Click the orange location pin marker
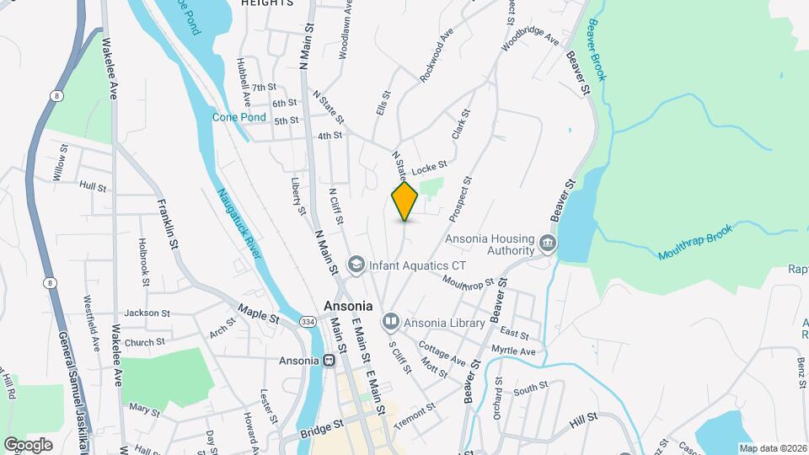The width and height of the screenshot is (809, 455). coord(405,201)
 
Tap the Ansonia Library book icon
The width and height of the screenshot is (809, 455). coord(390,321)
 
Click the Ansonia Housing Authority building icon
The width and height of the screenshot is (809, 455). coord(548,244)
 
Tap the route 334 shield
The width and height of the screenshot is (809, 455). coord(308,322)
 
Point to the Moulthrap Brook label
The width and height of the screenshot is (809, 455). coord(692,243)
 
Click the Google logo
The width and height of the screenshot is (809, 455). coord(28,444)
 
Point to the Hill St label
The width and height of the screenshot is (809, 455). coord(583,417)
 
